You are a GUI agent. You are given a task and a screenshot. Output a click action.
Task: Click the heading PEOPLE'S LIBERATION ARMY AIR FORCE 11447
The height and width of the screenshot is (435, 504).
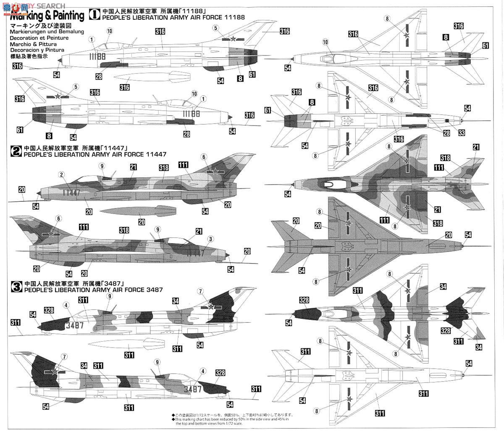tap(95, 154)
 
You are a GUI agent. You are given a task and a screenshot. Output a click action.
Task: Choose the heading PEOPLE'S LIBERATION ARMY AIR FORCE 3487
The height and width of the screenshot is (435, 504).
tap(93, 290)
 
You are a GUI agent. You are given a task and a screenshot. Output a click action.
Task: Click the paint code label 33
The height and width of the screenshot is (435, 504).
tap(449, 133)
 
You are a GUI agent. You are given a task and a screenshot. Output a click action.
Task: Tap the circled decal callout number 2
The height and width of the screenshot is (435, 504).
tap(62, 174)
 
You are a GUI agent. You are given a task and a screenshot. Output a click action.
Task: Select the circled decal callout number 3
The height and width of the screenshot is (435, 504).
tap(210, 239)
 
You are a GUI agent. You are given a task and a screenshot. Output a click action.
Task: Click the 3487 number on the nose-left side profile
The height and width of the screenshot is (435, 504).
tap(75, 325)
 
